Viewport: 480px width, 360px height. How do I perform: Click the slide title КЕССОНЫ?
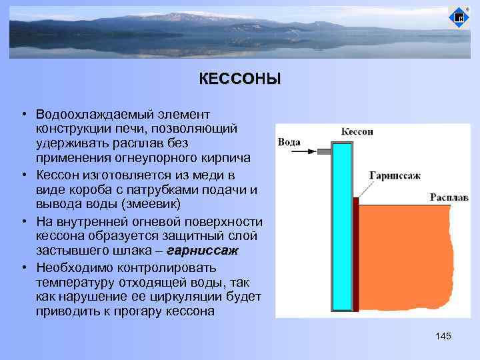pyautogui.click(x=239, y=79)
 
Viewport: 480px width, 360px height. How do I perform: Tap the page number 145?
pyautogui.click(x=443, y=336)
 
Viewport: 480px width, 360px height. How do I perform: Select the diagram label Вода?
pyautogui.click(x=289, y=141)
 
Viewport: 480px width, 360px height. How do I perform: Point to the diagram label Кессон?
pyautogui.click(x=357, y=131)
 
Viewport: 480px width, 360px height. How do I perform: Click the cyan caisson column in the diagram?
pyautogui.click(x=341, y=227)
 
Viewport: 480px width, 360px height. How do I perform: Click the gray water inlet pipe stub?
pyautogui.click(x=323, y=152)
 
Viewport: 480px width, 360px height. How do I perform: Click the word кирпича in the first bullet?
pyautogui.click(x=227, y=158)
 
